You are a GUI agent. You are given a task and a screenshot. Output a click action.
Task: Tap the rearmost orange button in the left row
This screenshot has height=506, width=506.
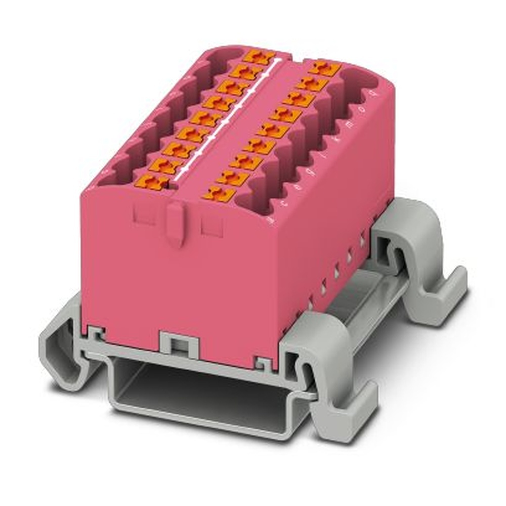coord(258,56)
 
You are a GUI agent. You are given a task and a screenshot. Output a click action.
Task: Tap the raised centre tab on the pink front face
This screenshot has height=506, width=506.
coord(175,223)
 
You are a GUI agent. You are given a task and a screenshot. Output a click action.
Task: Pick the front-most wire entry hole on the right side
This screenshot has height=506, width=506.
coord(253,202)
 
